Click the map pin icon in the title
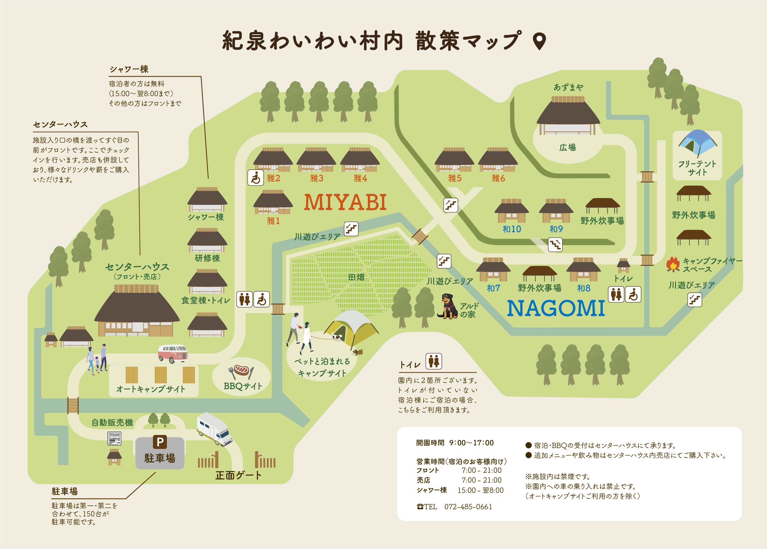tap(539, 41)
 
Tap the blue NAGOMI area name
tap(556, 308)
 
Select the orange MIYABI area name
tap(345, 203)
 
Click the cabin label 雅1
tap(273, 221)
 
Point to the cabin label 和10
tap(511, 229)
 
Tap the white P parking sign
tap(160, 442)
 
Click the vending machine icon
tap(114, 438)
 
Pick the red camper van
tap(173, 354)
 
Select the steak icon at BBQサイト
tap(241, 370)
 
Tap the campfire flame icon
tap(673, 264)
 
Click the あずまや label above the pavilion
tap(568, 88)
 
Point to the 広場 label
tap(568, 147)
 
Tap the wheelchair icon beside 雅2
tap(256, 177)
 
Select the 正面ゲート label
tap(238, 476)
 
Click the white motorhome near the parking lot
tap(215, 429)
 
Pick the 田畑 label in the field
tap(356, 277)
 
